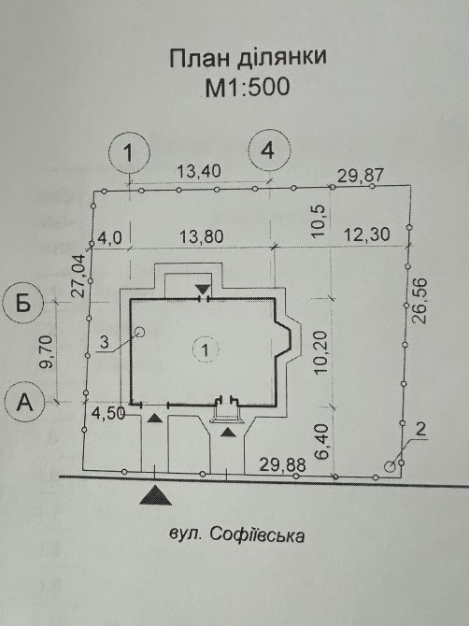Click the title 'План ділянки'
[248, 58]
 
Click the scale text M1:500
[247, 87]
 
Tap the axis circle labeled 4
[269, 151]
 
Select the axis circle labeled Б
[23, 304]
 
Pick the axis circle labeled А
[25, 401]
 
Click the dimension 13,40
[199, 171]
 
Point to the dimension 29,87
[361, 176]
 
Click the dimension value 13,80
[201, 236]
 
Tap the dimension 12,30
[367, 234]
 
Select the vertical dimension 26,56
[420, 300]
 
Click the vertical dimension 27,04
[78, 276]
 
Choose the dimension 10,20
[320, 352]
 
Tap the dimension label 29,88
[282, 464]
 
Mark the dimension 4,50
[108, 414]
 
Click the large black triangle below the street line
[156, 496]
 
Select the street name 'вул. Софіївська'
[236, 535]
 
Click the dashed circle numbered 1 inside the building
[206, 350]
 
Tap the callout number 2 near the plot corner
[420, 430]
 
